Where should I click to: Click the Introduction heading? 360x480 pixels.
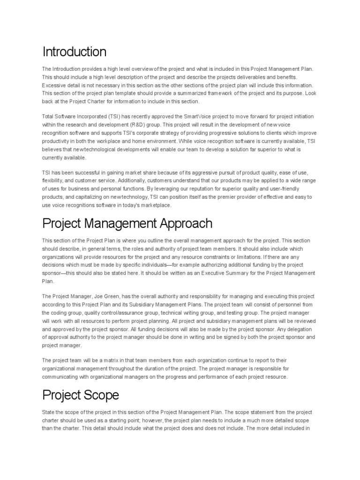pos(75,51)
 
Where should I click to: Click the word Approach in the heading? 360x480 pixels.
pos(182,223)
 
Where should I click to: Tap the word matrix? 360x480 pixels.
pos(99,360)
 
